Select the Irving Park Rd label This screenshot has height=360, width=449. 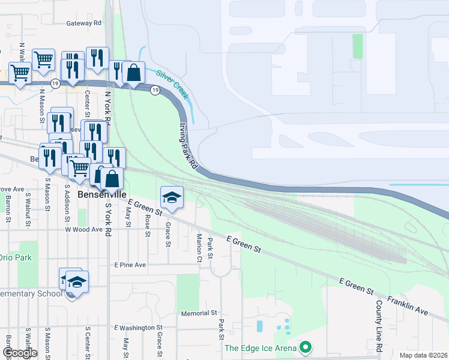click(x=188, y=146)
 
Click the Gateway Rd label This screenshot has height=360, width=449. click(x=85, y=23)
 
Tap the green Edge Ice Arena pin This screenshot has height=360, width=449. click(x=306, y=347)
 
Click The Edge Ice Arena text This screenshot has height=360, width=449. click(x=261, y=348)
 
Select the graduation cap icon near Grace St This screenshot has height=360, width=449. click(x=172, y=197)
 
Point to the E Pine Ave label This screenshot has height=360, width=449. click(x=130, y=265)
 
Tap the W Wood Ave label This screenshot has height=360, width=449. click(x=84, y=229)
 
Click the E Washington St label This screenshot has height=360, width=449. click(x=139, y=328)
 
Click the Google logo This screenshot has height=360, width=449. click(x=19, y=353)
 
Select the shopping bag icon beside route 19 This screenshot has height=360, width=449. click(x=133, y=73)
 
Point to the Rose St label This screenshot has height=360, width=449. click(x=147, y=227)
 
